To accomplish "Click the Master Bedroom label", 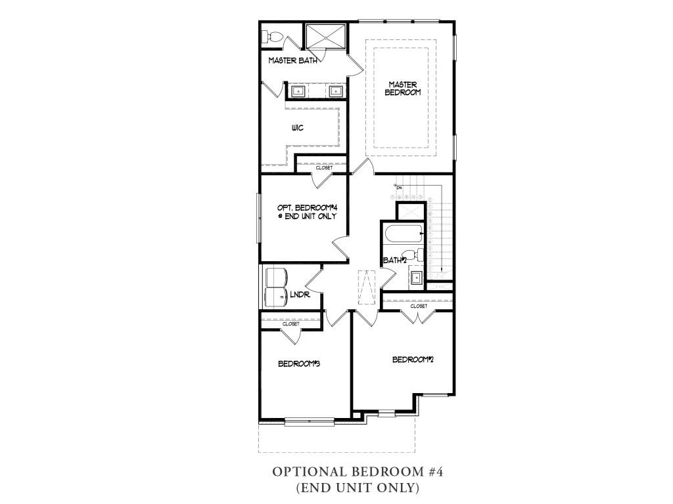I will (x=404, y=88).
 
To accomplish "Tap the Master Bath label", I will (x=293, y=60).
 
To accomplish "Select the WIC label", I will (x=297, y=128).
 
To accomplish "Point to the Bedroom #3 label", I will (x=298, y=364).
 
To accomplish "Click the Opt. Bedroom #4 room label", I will (x=307, y=211).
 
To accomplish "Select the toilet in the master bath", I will (x=271, y=35).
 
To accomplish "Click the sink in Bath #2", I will (x=416, y=278).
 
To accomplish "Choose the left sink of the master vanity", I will (x=298, y=91).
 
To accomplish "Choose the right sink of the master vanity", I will (x=335, y=91).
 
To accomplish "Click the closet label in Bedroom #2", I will (x=419, y=306).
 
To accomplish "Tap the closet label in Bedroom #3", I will (x=290, y=324).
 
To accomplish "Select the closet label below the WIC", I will (x=324, y=168).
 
